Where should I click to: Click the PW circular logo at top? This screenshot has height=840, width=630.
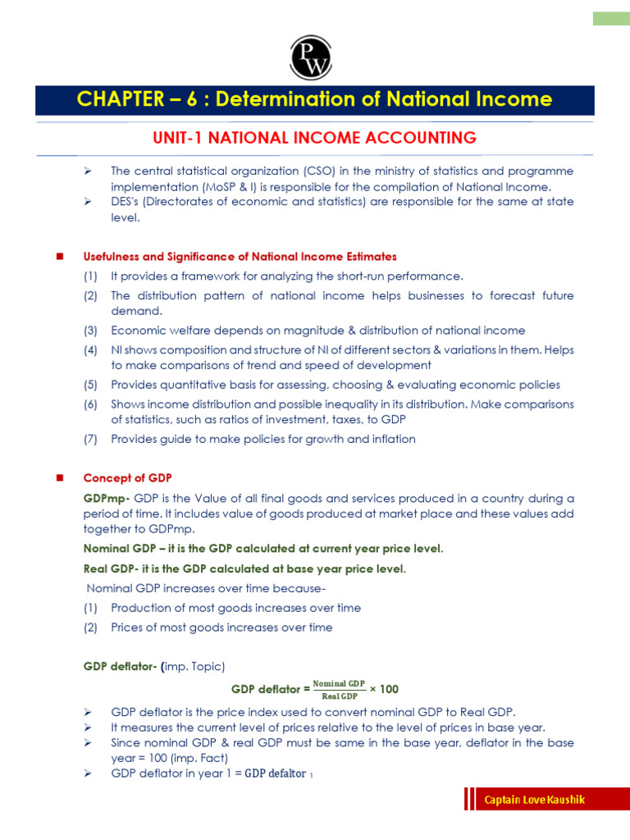[309, 58]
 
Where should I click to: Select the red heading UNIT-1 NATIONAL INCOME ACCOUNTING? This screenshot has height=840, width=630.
[314, 138]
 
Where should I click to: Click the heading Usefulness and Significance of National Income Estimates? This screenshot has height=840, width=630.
[240, 257]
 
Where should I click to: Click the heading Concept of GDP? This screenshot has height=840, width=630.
[127, 478]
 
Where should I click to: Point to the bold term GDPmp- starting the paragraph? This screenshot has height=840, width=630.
[107, 498]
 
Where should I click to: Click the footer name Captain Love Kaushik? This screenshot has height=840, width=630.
[534, 800]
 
